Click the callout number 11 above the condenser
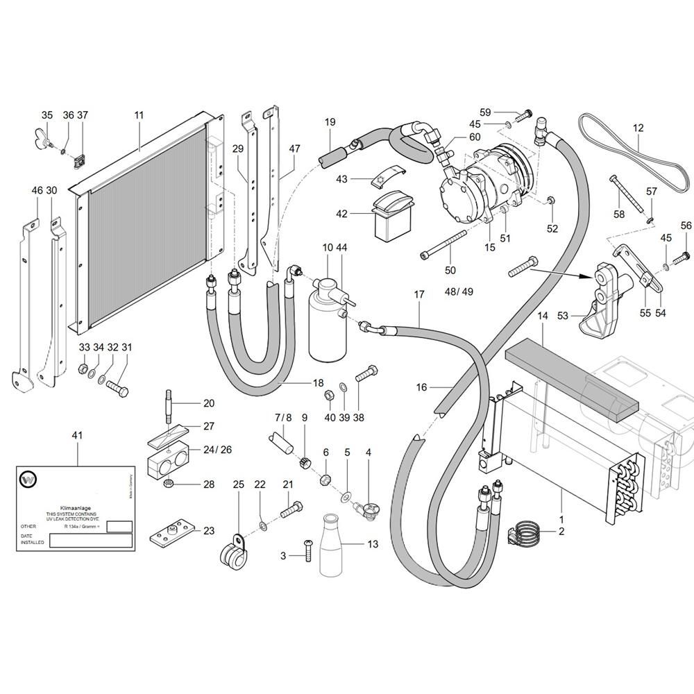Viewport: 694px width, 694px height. (x=139, y=115)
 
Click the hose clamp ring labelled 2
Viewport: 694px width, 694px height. (x=531, y=533)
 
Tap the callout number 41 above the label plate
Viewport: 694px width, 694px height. (x=77, y=435)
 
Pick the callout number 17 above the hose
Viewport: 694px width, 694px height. (x=418, y=295)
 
